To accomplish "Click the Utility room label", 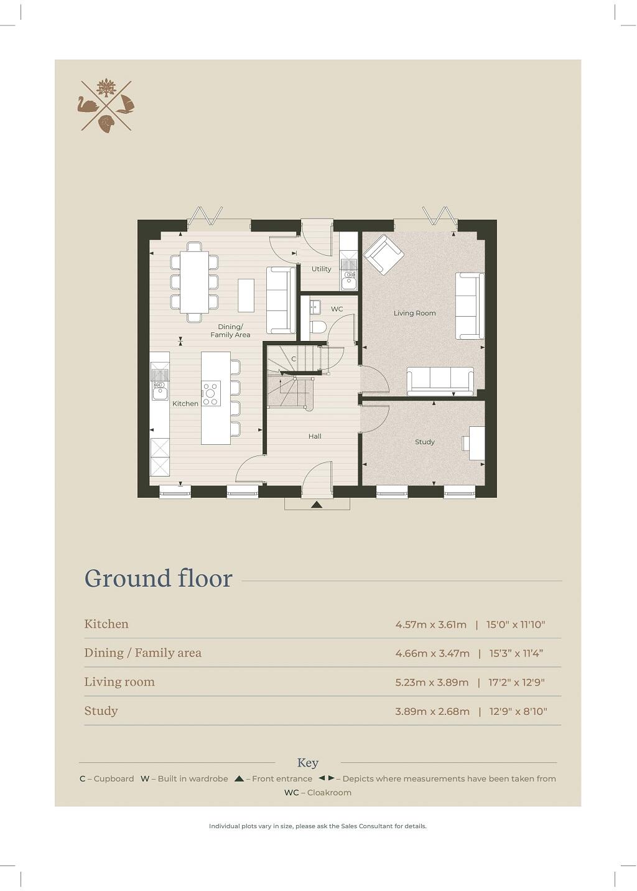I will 321,269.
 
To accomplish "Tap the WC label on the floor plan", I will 337,309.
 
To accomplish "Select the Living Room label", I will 414,313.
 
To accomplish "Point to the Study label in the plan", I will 424,442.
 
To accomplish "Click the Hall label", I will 315,436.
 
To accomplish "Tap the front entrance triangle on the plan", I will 317,504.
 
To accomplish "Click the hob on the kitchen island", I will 211,393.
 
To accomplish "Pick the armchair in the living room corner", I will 383,254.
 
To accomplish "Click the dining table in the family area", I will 194,282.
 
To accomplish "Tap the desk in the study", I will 476,442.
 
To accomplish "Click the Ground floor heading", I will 158,578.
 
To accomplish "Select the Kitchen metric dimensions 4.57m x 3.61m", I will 430,625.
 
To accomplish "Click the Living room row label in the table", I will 119,682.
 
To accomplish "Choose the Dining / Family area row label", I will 142,653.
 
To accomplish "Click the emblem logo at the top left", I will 106,105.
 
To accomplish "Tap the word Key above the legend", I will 307,763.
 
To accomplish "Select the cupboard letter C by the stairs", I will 294,359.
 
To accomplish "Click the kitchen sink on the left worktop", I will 160,391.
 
